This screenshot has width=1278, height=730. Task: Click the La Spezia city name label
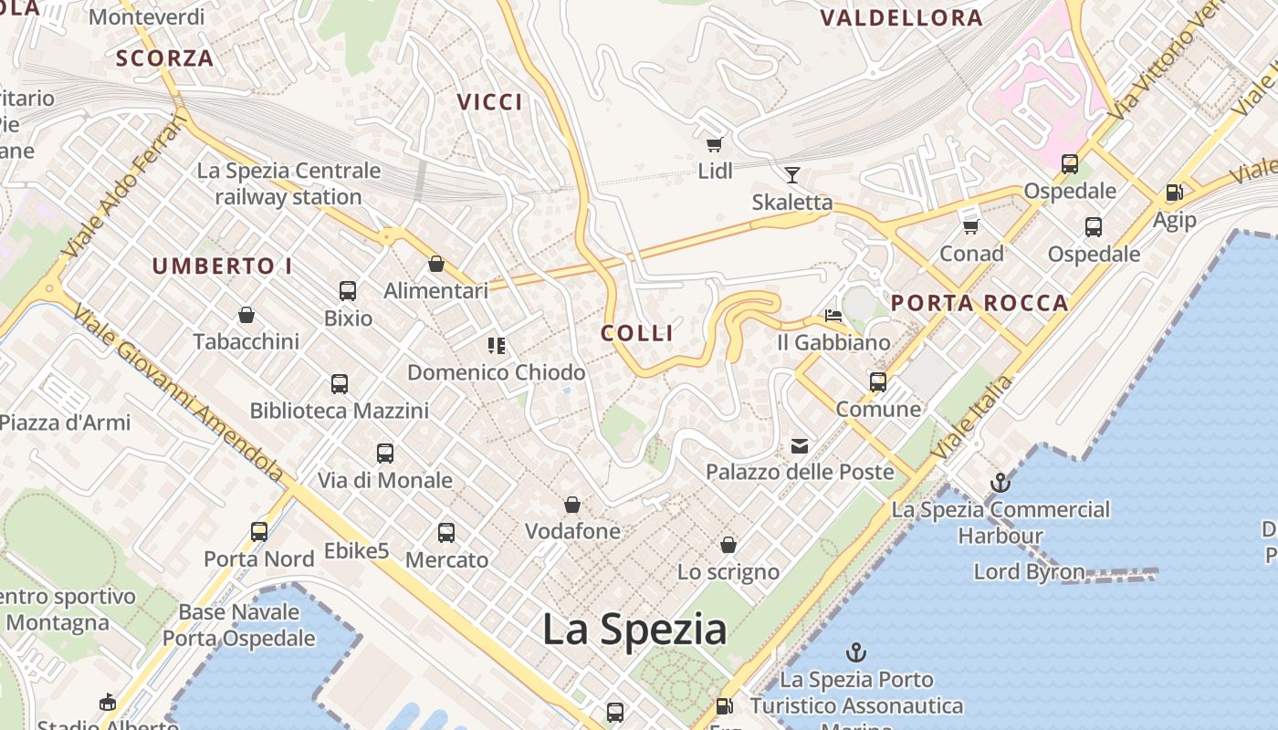pos(634,630)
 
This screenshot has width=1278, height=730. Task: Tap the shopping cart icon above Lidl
pos(715,144)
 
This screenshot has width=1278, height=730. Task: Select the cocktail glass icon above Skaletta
pos(791,174)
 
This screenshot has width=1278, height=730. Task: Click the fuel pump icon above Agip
pos(1174,193)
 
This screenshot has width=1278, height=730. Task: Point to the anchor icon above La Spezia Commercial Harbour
pos(1000,483)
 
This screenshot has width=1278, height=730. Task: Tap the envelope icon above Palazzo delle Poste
pos(800,445)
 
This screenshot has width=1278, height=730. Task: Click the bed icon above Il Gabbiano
pos(833,316)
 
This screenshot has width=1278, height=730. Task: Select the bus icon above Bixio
pos(348,291)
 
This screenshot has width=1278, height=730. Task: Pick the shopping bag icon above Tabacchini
pos(246,315)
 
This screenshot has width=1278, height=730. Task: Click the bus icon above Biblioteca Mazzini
pos(340,384)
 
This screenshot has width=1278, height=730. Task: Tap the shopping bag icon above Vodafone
pos(572,505)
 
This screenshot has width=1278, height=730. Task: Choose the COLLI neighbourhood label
pos(637,333)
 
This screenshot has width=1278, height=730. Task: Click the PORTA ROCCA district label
pos(979,303)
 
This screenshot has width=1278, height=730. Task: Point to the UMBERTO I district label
pos(222,266)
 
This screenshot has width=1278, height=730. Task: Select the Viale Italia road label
pos(972,417)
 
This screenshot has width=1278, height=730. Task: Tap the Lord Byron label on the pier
pos(1029,572)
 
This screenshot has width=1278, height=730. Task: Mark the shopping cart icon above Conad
pos(970,226)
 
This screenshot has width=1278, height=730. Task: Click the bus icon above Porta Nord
pos(259,531)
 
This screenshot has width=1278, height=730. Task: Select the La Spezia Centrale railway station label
pos(288,183)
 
